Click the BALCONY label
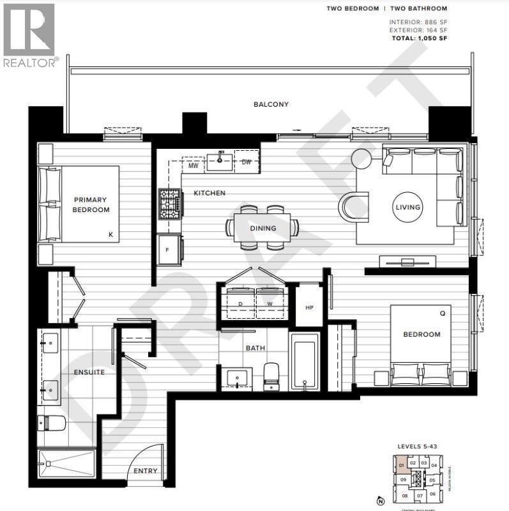tap(271, 105)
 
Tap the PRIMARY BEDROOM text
tap(91, 204)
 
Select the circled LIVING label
tap(407, 207)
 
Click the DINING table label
tap(262, 228)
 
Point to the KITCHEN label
tap(209, 193)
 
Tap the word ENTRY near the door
tap(145, 471)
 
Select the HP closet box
tap(310, 307)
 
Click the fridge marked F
tap(169, 249)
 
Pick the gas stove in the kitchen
tap(170, 204)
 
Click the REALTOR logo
tap(29, 35)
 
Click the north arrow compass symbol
tap(381, 500)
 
